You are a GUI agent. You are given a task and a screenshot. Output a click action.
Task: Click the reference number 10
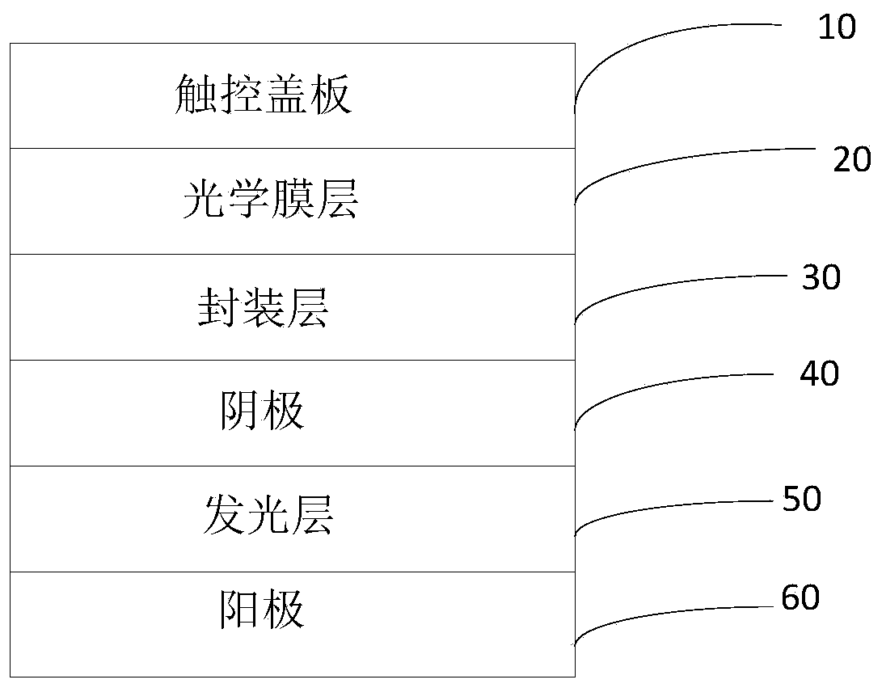(x=836, y=27)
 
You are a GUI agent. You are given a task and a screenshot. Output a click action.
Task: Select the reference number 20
(x=852, y=160)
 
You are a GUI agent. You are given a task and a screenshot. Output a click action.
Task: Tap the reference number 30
(x=821, y=278)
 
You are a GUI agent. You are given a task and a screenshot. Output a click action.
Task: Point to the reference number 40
(x=819, y=374)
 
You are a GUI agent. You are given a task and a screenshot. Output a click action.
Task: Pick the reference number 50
(x=802, y=499)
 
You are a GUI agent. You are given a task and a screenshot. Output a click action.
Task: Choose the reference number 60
(x=800, y=598)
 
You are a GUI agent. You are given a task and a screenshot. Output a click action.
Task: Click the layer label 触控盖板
(x=264, y=96)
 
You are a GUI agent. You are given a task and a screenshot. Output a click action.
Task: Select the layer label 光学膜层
(x=271, y=200)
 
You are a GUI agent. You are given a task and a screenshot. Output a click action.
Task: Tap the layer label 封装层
(x=264, y=308)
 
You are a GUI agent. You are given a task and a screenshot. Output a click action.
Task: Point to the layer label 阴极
(x=263, y=412)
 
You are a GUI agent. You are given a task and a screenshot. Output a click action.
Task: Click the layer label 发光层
(x=268, y=515)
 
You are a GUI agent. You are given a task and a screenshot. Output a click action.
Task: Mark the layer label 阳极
(x=263, y=609)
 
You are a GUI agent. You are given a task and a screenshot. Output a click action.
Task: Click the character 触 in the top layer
(x=196, y=96)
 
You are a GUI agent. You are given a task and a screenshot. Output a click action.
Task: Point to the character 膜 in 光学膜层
(x=293, y=200)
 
